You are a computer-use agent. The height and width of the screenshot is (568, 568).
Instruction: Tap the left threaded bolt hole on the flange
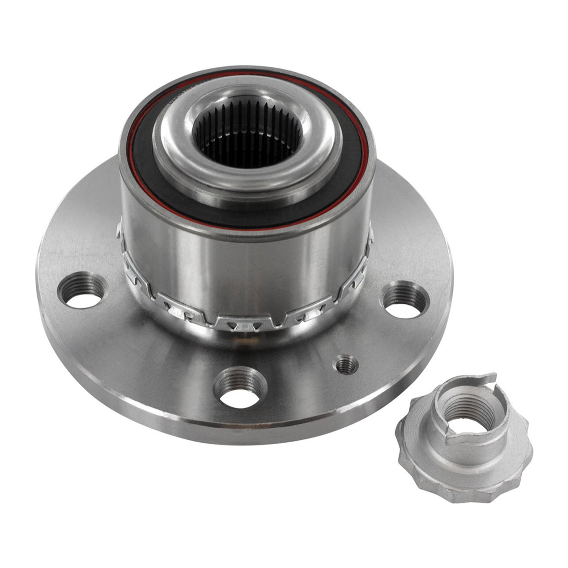click(81, 291)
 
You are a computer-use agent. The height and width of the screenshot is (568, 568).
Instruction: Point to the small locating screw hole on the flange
click(347, 364)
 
